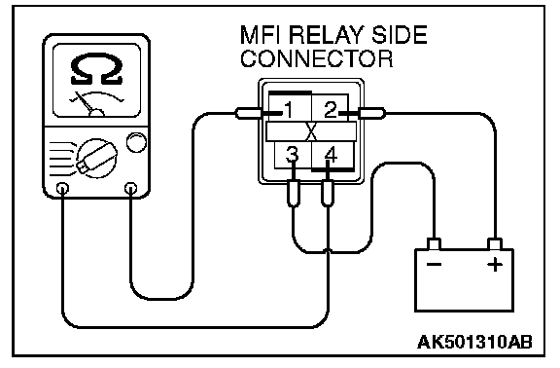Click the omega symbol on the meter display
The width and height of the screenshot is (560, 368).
pos(97,69)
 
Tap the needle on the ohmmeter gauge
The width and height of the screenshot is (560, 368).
pos(85,103)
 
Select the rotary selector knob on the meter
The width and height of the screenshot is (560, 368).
pos(97,158)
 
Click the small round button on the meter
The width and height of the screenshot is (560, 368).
pos(136,142)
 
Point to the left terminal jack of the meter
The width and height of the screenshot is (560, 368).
pos(63,188)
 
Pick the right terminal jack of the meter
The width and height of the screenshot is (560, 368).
pos(130,188)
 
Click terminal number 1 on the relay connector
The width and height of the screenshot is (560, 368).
pos(289,110)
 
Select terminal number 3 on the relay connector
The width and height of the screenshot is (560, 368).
pos(292,155)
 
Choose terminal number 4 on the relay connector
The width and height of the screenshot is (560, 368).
pos(332,155)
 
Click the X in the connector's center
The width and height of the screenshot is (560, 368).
pos(311,132)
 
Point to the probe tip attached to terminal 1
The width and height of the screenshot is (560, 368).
pos(249,114)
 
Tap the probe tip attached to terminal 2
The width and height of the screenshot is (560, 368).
pos(371,114)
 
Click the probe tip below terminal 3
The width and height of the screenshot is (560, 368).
pos(294,194)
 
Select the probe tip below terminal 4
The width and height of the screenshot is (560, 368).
pos(328,194)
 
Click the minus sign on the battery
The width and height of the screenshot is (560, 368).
pos(435,265)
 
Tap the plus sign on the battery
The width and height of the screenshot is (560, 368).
pos(495,265)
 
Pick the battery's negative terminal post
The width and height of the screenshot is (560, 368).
pos(435,244)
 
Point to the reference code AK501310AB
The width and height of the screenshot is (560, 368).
pos(474,343)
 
